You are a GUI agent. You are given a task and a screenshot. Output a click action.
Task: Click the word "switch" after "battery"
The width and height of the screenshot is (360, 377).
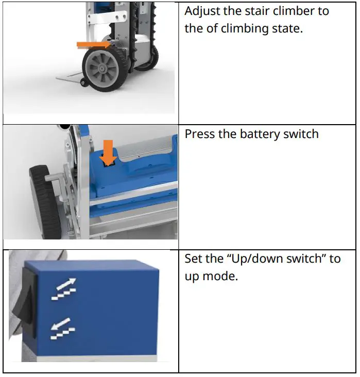click(298, 134)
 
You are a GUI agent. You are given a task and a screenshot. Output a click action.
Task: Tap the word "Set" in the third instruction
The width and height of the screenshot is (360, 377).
click(195, 259)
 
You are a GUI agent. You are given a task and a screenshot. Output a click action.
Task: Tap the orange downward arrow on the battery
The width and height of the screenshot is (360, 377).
click(108, 153)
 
